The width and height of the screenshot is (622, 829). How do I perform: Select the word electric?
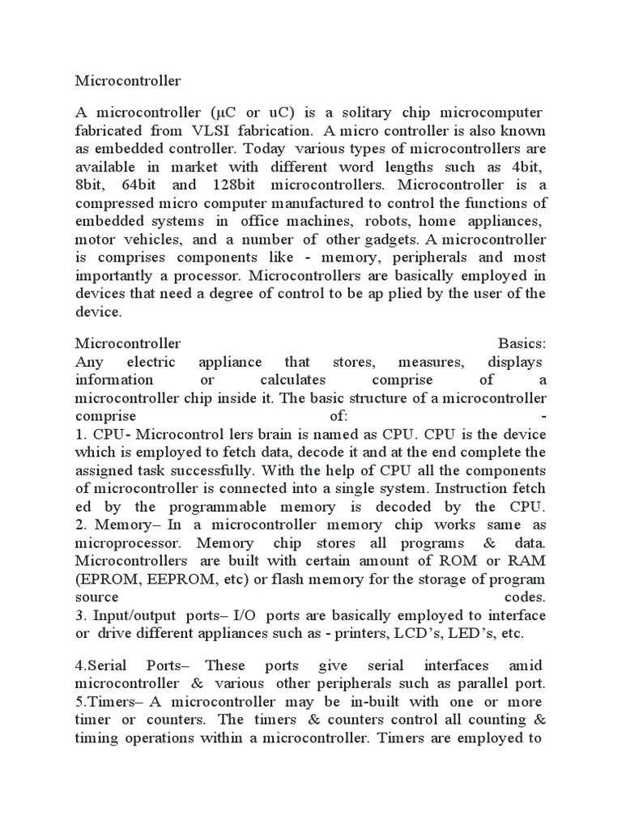click(x=151, y=362)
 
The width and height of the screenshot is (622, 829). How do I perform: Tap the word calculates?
click(x=292, y=380)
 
